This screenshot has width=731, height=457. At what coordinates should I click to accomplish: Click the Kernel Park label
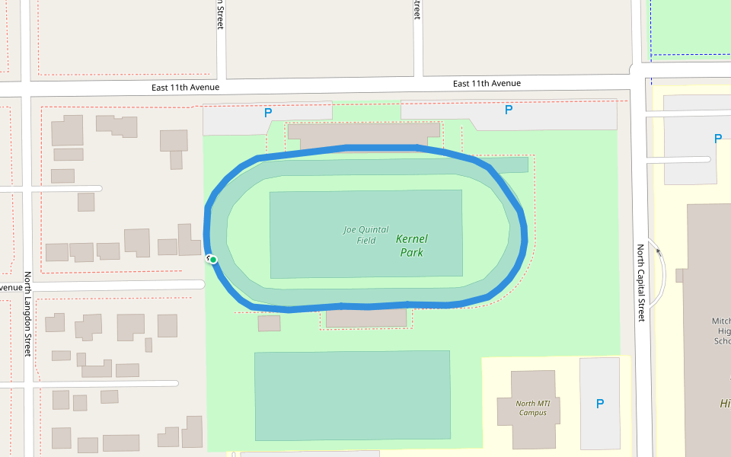pyautogui.click(x=411, y=245)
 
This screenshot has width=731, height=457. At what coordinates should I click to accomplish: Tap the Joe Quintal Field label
pyautogui.click(x=365, y=235)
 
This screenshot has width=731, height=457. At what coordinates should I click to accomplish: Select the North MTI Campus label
pyautogui.click(x=531, y=408)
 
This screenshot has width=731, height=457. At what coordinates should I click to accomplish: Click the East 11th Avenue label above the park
pyautogui.click(x=487, y=83)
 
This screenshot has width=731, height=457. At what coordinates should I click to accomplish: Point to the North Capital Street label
pyautogui.click(x=641, y=283)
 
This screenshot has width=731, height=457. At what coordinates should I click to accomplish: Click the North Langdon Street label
pyautogui.click(x=27, y=314)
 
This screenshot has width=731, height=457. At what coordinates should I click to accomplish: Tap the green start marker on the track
pyautogui.click(x=213, y=260)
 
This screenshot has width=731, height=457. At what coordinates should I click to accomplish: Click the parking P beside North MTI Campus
pyautogui.click(x=600, y=404)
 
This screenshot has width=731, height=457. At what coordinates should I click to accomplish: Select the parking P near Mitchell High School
pyautogui.click(x=717, y=139)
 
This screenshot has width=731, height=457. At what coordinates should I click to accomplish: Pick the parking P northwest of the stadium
pyautogui.click(x=267, y=113)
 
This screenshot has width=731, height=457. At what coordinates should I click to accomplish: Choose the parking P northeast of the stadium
pyautogui.click(x=509, y=110)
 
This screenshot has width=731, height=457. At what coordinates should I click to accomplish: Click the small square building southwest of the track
pyautogui.click(x=269, y=323)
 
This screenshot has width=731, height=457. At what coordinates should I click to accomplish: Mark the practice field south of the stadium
pyautogui.click(x=352, y=395)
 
